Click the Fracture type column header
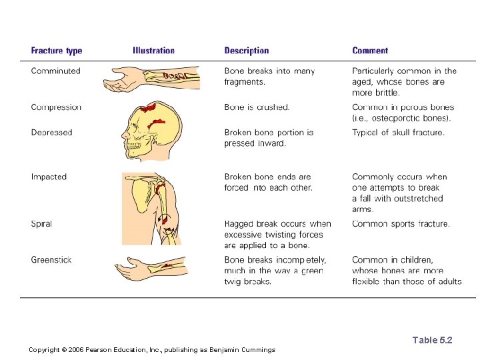[x=57, y=51]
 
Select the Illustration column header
[x=153, y=51]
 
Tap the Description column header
[x=247, y=51]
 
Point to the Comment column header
[x=370, y=51]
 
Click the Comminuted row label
[x=55, y=71]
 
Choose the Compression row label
[x=56, y=107]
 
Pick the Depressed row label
[x=51, y=133]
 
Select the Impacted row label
[x=49, y=177]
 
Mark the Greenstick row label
[x=51, y=260]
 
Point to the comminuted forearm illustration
[x=151, y=78]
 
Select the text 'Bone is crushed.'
[x=257, y=107]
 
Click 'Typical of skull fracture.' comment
[x=398, y=133]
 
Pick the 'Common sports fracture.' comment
[x=401, y=224]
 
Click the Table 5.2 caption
[x=432, y=341]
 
